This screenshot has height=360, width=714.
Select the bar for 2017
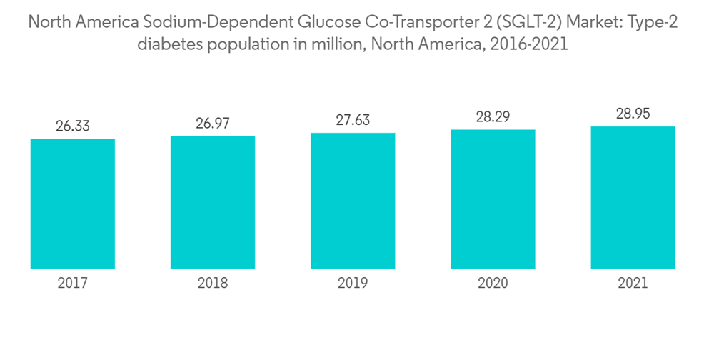tap(73, 204)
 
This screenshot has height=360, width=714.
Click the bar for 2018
tap(213, 202)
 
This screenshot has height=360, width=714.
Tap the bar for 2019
tap(353, 201)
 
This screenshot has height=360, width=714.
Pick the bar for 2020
tap(493, 199)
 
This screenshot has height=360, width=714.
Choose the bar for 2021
tap(633, 198)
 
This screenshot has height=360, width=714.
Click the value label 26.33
tap(73, 126)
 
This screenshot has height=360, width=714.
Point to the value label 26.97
tap(213, 123)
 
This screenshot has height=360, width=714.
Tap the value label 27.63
tap(353, 120)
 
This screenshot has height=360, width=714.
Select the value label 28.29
tap(493, 117)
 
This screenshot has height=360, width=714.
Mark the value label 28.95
tap(633, 114)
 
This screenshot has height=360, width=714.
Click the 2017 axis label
tap(73, 284)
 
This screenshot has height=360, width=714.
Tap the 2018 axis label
tap(213, 284)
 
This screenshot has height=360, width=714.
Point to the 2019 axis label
tap(353, 284)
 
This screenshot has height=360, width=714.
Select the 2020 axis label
tap(493, 284)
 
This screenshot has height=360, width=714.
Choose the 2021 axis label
tap(633, 284)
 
